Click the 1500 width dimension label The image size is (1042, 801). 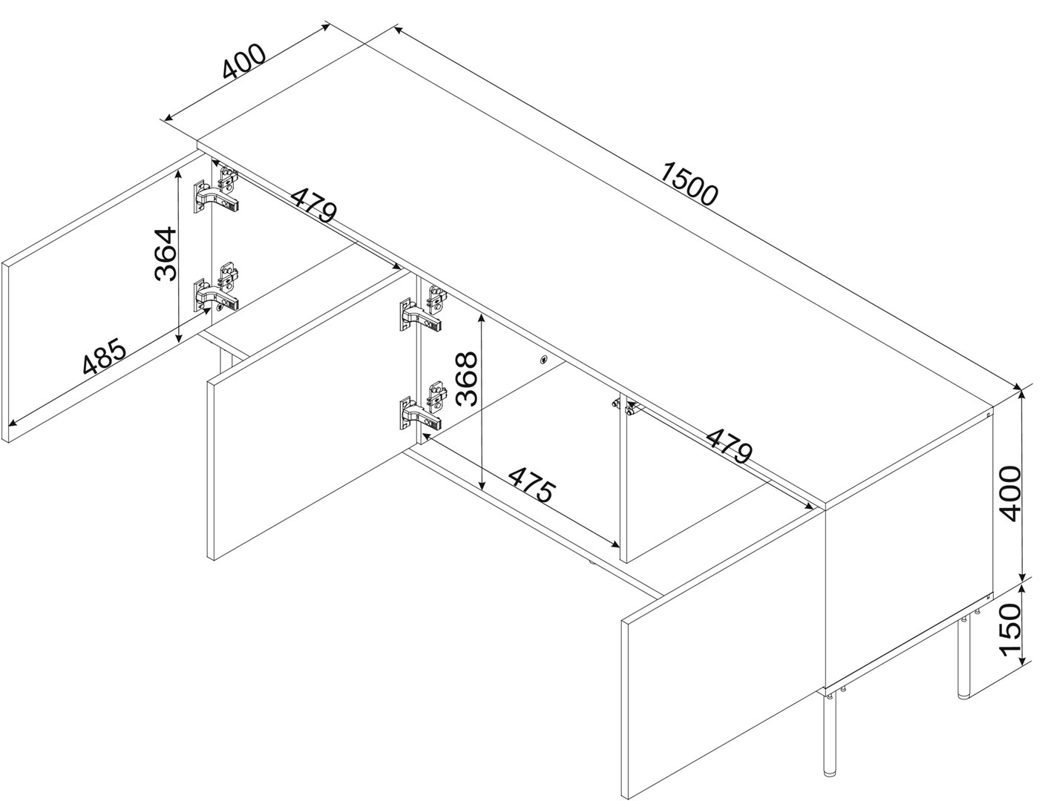[x=689, y=183]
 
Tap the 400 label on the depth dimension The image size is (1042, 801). [x=243, y=62]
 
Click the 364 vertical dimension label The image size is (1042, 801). [x=166, y=254]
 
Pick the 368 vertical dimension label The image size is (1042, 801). [x=467, y=380]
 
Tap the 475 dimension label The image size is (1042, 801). [x=532, y=485]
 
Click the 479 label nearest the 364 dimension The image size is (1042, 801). [x=314, y=205]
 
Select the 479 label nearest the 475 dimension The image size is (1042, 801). [x=729, y=446]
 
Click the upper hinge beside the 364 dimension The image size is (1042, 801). [x=216, y=190]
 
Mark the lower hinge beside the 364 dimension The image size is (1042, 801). [x=216, y=289]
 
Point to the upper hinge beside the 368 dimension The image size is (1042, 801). [x=421, y=309]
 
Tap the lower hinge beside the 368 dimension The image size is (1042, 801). [x=421, y=406]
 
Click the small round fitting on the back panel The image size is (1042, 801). [x=543, y=360]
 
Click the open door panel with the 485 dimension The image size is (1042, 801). [x=103, y=297]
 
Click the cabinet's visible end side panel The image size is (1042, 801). [x=908, y=551]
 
